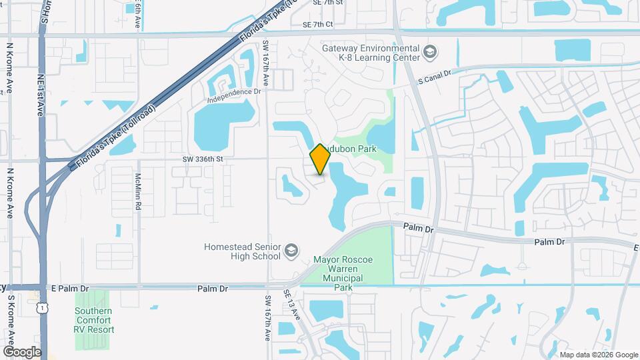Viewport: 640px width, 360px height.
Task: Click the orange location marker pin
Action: coord(321,159)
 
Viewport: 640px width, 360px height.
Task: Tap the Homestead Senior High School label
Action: coord(242,251)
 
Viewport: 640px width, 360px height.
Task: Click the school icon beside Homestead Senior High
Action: coord(291,251)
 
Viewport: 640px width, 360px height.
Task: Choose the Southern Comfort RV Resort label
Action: coord(94,320)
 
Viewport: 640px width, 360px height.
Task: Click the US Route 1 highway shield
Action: coord(42,308)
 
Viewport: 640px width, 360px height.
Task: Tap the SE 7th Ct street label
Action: coord(317,25)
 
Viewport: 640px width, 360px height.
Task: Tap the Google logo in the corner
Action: coord(22,351)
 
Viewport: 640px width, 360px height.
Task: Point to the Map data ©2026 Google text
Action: coord(598,355)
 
